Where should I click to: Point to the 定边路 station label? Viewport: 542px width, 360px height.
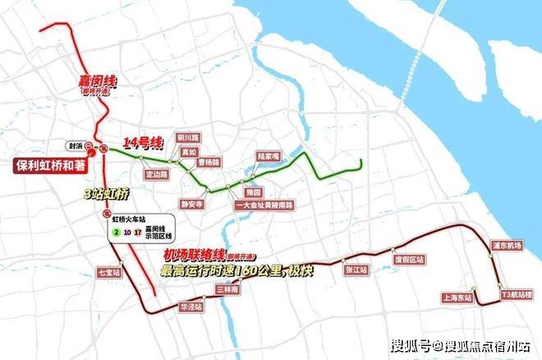click(x=156, y=174)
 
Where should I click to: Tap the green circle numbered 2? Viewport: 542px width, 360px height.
click(x=117, y=233)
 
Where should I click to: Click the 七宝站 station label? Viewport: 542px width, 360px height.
click(x=108, y=271)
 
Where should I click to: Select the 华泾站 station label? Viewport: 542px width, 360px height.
click(x=191, y=307)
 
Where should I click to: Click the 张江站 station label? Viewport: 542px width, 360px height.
click(x=355, y=269)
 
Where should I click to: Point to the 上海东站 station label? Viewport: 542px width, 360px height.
click(x=457, y=298)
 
